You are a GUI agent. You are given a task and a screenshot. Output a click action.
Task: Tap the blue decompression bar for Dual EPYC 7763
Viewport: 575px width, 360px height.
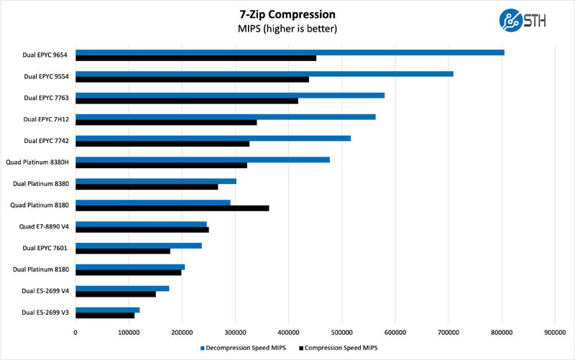pyautogui.click(x=230, y=95)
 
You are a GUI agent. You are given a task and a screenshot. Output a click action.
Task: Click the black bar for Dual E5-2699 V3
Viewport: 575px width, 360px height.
pyautogui.click(x=105, y=315)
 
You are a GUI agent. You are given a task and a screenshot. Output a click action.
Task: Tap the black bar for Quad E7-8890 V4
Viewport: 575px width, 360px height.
pyautogui.click(x=142, y=230)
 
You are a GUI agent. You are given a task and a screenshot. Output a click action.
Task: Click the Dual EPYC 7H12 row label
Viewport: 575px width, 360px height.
pyautogui.click(x=46, y=119)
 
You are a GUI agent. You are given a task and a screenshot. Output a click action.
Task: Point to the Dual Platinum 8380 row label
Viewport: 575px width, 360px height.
pyautogui.click(x=42, y=184)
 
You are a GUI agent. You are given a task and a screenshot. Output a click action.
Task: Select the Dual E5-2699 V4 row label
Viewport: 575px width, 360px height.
pyautogui.click(x=45, y=291)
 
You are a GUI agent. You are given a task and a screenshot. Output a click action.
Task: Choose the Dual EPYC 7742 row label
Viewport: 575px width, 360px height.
pyautogui.click(x=46, y=141)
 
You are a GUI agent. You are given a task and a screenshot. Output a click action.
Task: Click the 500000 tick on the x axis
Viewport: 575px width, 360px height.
pyautogui.click(x=341, y=332)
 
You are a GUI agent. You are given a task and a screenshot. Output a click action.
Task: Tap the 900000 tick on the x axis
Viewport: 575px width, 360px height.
pyautogui.click(x=554, y=332)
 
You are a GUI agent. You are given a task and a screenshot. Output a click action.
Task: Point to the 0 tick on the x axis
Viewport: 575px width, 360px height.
pyautogui.click(x=75, y=332)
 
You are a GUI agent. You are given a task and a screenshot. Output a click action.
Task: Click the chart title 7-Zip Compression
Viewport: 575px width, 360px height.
pyautogui.click(x=287, y=14)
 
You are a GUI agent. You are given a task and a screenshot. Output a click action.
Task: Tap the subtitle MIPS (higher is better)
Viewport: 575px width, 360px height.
pyautogui.click(x=287, y=29)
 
